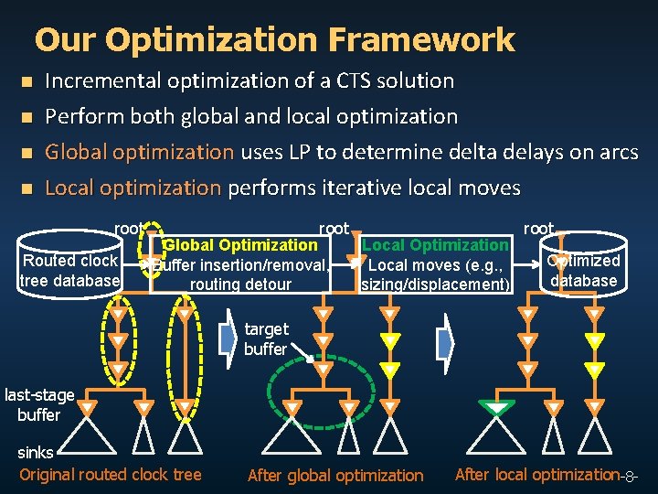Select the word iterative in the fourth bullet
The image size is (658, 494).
[x=356, y=188]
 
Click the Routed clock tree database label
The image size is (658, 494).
[x=70, y=271]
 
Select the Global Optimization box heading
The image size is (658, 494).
[x=240, y=244]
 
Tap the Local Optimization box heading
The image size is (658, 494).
[x=436, y=244]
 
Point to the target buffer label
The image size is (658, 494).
[x=266, y=338]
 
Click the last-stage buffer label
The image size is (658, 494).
[x=39, y=404]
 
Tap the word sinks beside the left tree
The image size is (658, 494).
[x=35, y=452]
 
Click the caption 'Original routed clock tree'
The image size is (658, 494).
[x=110, y=474]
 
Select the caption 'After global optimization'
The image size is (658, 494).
[x=335, y=475]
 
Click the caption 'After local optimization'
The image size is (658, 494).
[x=536, y=474]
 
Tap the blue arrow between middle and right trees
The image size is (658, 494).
[x=445, y=343]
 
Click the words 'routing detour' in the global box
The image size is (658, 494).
[x=240, y=285]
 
